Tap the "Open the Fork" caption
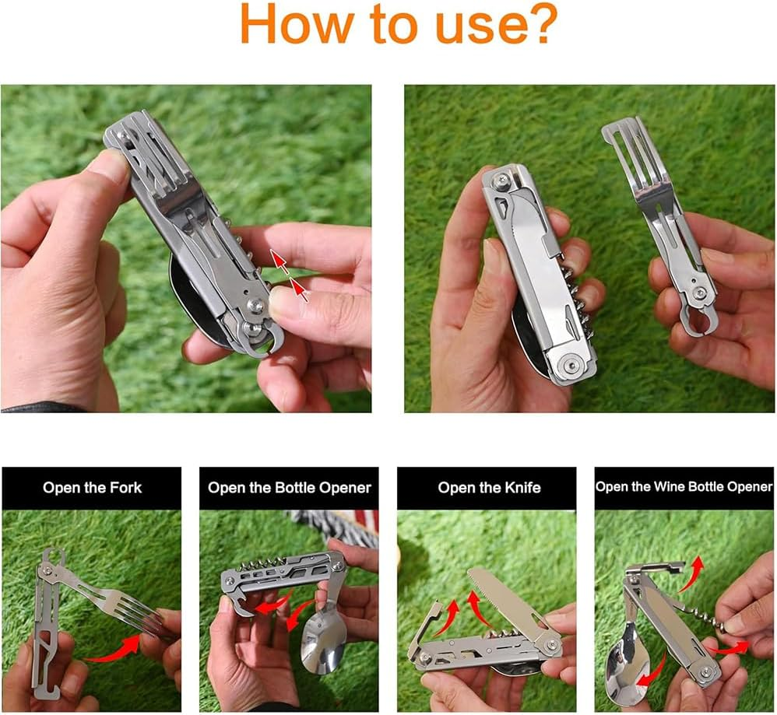(92, 488)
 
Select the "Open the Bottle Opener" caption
(289, 488)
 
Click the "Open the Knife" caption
(488, 488)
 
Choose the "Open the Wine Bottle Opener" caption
(684, 487)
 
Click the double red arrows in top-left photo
(289, 275)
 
